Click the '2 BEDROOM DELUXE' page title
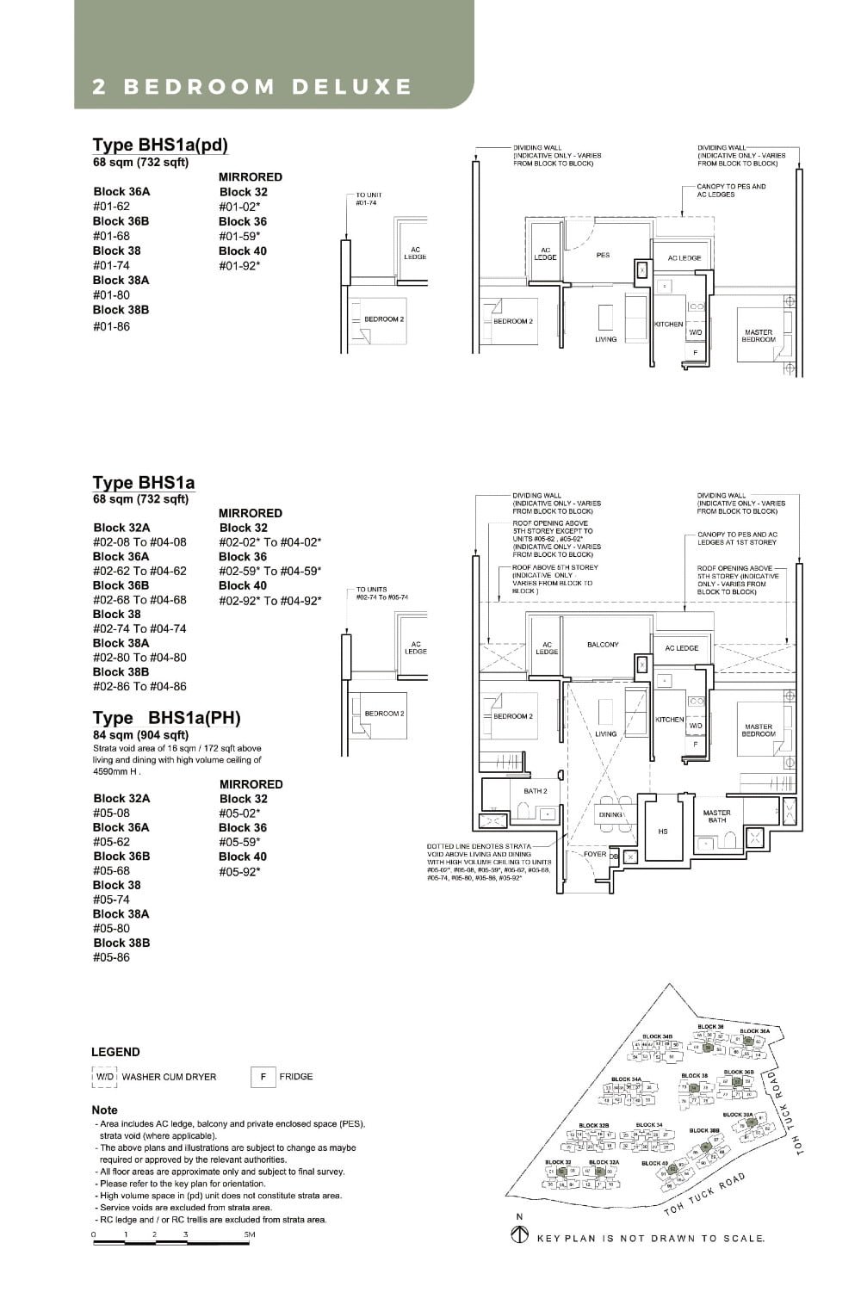pyautogui.click(x=252, y=87)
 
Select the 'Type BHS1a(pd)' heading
pyautogui.click(x=160, y=145)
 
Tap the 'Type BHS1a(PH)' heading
pyautogui.click(x=166, y=718)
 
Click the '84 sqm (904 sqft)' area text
pyautogui.click(x=140, y=735)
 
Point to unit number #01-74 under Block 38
pyautogui.click(x=111, y=266)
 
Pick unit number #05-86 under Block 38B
pyautogui.click(x=111, y=957)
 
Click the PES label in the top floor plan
pyautogui.click(x=603, y=256)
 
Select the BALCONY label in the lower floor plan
pyautogui.click(x=603, y=645)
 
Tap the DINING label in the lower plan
pyautogui.click(x=610, y=814)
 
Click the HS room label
pyautogui.click(x=662, y=832)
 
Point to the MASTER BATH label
pyautogui.click(x=716, y=816)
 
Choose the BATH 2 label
pyautogui.click(x=535, y=791)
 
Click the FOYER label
pyautogui.click(x=595, y=855)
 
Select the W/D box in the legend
pyautogui.click(x=105, y=1077)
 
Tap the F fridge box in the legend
pyautogui.click(x=263, y=1077)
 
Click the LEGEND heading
pyautogui.click(x=115, y=1052)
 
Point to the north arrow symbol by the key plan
pyautogui.click(x=519, y=1235)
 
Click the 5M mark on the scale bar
pyautogui.click(x=250, y=1235)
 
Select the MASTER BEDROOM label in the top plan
pyautogui.click(x=759, y=336)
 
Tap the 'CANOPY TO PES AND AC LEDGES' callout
pyautogui.click(x=731, y=190)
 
